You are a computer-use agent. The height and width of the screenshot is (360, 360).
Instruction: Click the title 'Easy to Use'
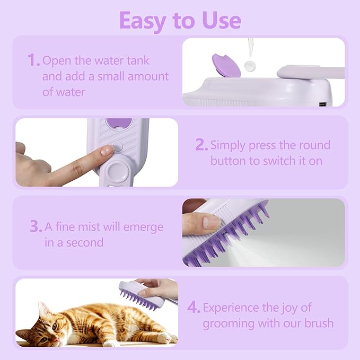coord(180,20)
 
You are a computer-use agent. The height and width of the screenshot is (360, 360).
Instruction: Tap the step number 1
coord(33,60)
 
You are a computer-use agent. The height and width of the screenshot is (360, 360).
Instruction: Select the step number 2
coord(201,145)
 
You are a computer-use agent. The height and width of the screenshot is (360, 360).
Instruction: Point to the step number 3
coord(36,227)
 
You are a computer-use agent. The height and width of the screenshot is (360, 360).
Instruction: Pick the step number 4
coord(194,308)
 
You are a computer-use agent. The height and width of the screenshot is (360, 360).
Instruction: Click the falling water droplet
coord(248,66)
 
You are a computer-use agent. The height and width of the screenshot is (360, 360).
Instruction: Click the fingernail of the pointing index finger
coord(107,151)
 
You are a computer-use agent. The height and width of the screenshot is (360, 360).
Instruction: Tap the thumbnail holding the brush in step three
coord(210,222)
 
